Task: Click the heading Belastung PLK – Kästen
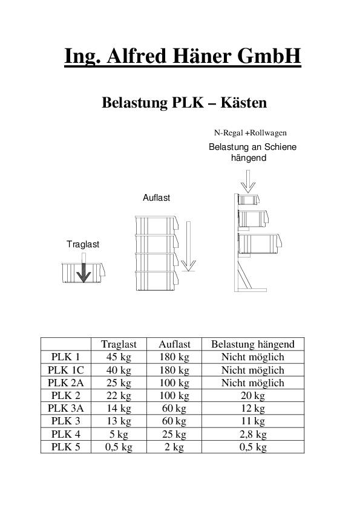click(x=184, y=103)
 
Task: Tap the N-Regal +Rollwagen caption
click(x=250, y=132)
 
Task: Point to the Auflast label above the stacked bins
click(x=156, y=198)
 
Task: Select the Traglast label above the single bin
click(x=82, y=244)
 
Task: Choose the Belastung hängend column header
click(x=252, y=345)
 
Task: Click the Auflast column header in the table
click(x=174, y=345)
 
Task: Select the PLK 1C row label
click(x=65, y=370)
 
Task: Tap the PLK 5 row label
click(x=65, y=447)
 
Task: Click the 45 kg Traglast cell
click(x=119, y=357)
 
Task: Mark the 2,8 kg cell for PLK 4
click(x=252, y=435)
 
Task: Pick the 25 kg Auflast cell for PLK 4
click(x=174, y=435)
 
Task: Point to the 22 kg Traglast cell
click(x=119, y=396)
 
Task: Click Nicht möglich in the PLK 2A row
click(x=252, y=383)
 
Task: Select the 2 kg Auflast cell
click(x=174, y=447)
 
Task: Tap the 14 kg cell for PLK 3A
click(x=119, y=409)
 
